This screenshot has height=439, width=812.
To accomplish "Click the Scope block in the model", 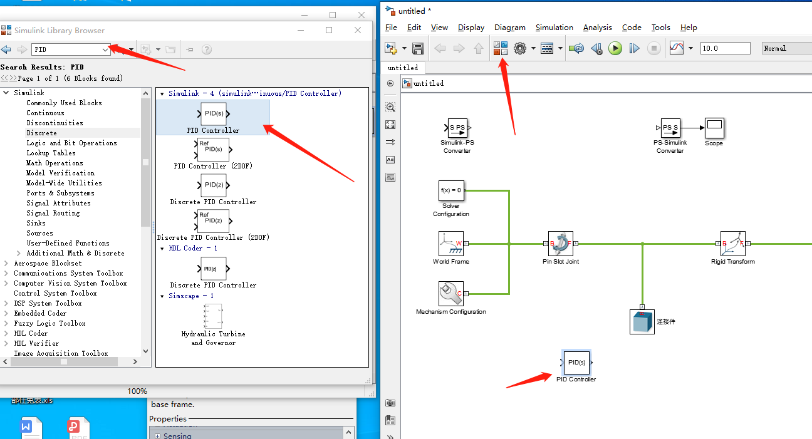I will click(714, 128).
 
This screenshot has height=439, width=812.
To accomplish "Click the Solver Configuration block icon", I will click(451, 190).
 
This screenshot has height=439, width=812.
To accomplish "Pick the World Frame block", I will click(451, 244).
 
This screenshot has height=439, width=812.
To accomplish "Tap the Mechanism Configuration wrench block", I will click(451, 293).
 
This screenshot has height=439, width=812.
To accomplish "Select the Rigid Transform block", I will click(732, 244).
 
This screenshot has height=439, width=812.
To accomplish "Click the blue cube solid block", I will click(642, 321).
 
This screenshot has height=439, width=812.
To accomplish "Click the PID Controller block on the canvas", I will click(576, 362).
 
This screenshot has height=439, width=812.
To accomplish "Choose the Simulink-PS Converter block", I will click(457, 128).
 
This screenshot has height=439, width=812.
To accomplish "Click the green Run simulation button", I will click(615, 48).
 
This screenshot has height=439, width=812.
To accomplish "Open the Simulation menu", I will click(554, 28).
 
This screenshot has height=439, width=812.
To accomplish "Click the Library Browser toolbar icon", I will click(501, 48).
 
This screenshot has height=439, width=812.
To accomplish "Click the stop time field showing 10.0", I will click(725, 48).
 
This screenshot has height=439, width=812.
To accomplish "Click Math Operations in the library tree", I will click(55, 163).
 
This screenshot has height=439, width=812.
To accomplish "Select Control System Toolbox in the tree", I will click(55, 293).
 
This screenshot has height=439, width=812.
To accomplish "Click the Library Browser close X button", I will click(358, 30).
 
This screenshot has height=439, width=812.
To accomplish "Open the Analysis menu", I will click(597, 28).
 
